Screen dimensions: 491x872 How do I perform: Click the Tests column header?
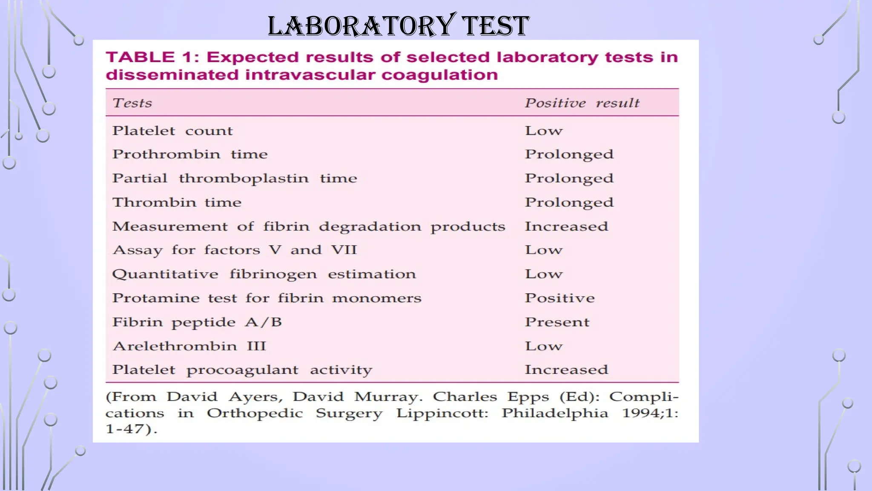[x=132, y=103]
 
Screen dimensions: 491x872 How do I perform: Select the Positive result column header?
[x=582, y=103]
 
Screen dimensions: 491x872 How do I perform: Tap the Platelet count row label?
[x=172, y=131]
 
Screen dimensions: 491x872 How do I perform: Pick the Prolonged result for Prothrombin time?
[x=569, y=154]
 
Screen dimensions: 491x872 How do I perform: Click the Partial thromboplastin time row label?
[x=234, y=178]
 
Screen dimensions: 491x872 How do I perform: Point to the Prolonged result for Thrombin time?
[x=569, y=202]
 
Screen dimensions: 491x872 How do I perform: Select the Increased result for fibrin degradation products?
[x=566, y=226]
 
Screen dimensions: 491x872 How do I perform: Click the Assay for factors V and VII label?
[x=234, y=250]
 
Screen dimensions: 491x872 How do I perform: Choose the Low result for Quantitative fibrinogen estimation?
[x=543, y=274]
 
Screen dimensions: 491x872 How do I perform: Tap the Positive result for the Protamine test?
[x=559, y=298]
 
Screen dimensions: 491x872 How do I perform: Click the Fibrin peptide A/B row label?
[x=197, y=322]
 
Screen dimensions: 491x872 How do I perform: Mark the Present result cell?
[x=557, y=322]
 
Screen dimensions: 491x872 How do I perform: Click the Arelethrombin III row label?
[x=189, y=346]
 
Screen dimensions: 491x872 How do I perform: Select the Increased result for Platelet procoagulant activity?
[x=566, y=370]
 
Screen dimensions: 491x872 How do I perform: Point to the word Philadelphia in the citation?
[x=555, y=413]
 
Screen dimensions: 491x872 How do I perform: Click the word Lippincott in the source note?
[x=442, y=413]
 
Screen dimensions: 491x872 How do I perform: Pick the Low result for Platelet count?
[x=543, y=131]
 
